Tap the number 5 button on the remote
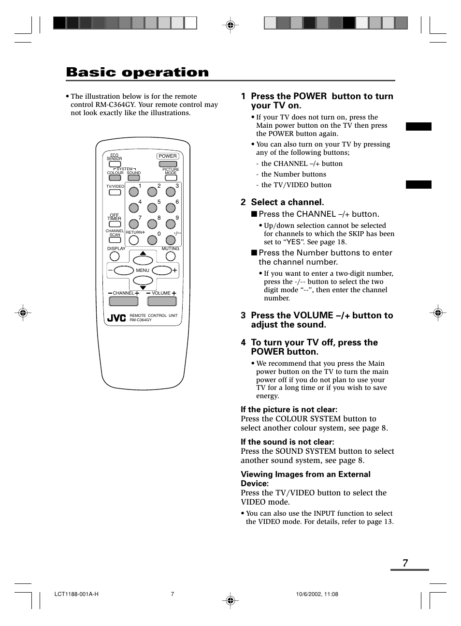coord(152,208)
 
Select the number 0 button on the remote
coord(152,240)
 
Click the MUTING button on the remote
coord(171,256)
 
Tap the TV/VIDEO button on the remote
coord(115,193)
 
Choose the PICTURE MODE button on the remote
coord(171,178)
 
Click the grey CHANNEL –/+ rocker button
coord(124,301)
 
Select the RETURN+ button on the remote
coord(134,240)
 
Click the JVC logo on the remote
coord(116,318)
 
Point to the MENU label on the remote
coord(143,270)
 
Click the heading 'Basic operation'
coord(138,73)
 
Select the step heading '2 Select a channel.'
coord(283,202)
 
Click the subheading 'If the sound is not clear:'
coord(288,442)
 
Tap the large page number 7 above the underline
coord(405,563)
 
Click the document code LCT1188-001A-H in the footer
coord(76,594)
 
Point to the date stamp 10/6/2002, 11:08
coord(317,594)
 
